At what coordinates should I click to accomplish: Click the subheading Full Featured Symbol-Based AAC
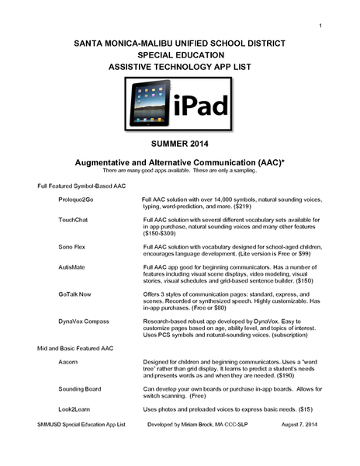(77, 186)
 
